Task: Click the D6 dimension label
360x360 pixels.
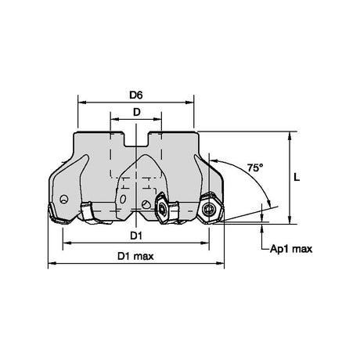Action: [x=136, y=95]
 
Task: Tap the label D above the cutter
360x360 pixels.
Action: [x=137, y=112]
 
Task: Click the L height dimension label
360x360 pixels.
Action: [x=297, y=178]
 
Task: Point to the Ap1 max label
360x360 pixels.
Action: [x=291, y=249]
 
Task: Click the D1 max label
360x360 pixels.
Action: [x=135, y=257]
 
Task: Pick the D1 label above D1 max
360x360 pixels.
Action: [x=136, y=236]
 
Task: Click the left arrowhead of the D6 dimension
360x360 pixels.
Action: [x=82, y=103]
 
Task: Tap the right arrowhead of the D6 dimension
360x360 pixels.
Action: [x=189, y=103]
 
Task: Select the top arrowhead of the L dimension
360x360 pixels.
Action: [x=290, y=135]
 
